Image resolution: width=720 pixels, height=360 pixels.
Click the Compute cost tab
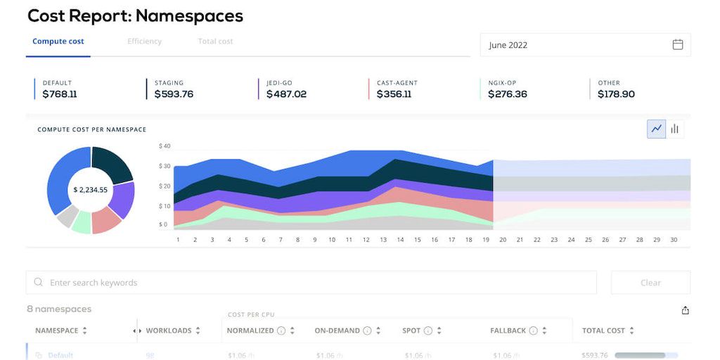coord(58,41)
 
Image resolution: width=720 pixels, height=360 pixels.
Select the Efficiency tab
coord(144,41)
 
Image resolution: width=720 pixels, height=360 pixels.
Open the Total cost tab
coord(215,41)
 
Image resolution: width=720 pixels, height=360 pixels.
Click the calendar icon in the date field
coord(678,44)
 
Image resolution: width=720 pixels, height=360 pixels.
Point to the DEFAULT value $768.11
coord(60,94)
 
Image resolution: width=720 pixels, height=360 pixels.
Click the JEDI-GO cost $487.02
coord(286,94)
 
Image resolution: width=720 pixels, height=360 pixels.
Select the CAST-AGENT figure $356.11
coord(394,94)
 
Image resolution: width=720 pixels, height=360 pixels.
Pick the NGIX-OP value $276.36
coord(508,94)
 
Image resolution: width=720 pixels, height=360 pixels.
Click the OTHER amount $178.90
coord(616,94)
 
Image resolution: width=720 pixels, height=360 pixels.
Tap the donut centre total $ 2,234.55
coord(91,190)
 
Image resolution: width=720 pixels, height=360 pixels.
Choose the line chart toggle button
coord(657,129)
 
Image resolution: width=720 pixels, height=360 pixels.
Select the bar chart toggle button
coord(675,129)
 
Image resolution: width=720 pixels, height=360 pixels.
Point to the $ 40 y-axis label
coord(165,146)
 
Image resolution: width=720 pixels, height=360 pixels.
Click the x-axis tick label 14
coord(400,240)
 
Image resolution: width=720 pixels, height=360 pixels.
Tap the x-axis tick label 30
coord(674,240)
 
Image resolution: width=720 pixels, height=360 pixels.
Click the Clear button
coord(650,283)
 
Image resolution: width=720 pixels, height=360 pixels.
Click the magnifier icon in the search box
coord(38,283)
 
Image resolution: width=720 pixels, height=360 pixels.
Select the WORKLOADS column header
coord(169,330)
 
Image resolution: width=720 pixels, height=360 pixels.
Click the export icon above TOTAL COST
coord(686,310)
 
